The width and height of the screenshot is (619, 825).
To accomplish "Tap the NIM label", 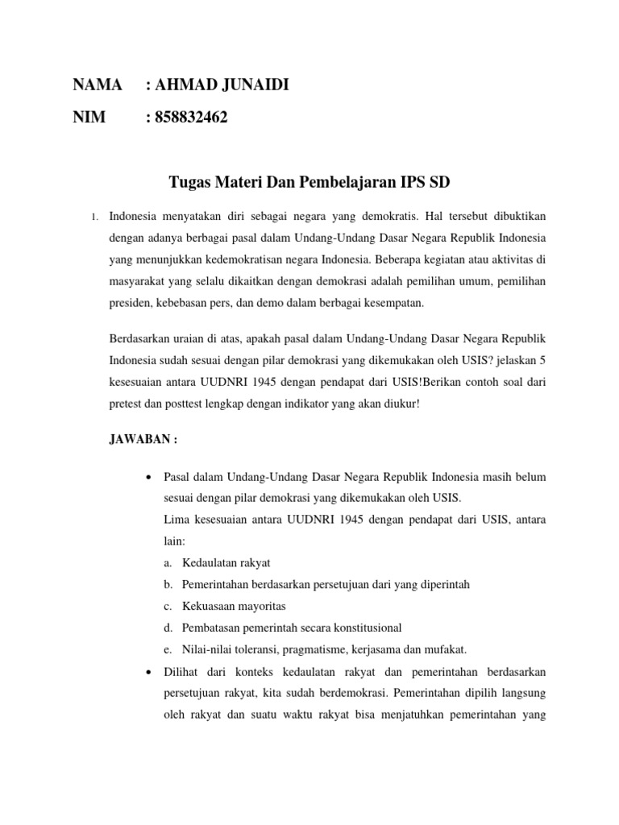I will pos(89,118).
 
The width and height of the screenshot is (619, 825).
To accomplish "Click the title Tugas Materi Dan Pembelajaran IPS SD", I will pos(309,182).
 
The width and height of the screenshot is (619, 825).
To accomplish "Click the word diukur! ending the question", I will pos(400,404).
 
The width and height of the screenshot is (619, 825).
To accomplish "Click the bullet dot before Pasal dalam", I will pos(148,477).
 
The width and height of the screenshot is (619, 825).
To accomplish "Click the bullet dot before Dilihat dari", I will pos(148,672).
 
